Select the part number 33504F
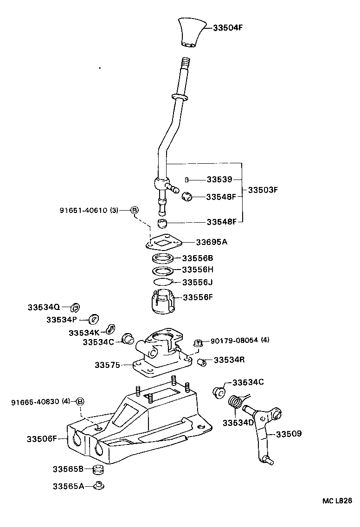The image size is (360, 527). tap(228, 27)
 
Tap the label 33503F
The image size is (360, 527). tap(263, 190)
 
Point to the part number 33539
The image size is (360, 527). tap(220, 180)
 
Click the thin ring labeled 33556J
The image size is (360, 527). tap(162, 282)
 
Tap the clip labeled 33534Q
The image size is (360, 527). tap(75, 307)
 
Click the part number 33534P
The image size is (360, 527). tap(63, 320)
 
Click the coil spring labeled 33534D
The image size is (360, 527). tap(237, 401)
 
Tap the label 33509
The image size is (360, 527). tap(289, 434)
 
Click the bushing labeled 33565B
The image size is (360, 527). tap(97, 469)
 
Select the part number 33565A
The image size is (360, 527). tap(68, 486)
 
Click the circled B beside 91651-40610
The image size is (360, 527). tap(135, 210)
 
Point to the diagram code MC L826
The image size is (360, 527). tap(338, 501)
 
